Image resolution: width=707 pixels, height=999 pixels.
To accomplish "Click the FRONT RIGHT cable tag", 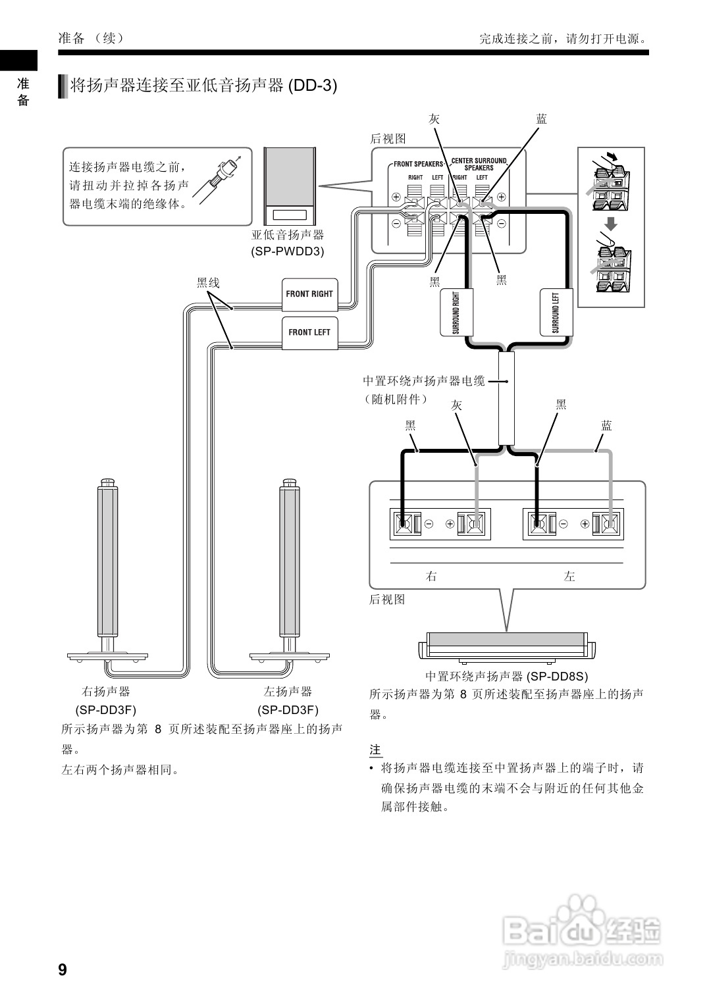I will coord(309,294).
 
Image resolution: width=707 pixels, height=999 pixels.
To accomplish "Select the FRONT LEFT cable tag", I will coord(309,332).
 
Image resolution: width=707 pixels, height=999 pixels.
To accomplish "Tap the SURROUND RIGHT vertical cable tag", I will coord(457,312).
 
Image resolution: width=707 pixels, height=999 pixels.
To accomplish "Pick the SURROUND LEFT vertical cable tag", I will coord(556,312).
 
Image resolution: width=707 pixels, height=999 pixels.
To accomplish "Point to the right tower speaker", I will coord(108,573).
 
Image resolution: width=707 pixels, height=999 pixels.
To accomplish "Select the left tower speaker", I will coord(290,573).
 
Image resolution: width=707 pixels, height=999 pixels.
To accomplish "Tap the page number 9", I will coord(63,969).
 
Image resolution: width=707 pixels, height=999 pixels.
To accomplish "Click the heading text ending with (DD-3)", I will coord(203,86).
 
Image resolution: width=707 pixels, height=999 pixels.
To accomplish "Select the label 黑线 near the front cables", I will coord(208,283).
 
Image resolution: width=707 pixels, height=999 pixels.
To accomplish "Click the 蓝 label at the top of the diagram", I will coord(541,119).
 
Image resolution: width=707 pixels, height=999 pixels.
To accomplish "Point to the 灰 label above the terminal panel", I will coord(434,119).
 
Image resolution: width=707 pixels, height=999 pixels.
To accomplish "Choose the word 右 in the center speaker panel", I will coord(432,576).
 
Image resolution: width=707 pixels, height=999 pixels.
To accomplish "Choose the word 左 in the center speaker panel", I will coord(569,576).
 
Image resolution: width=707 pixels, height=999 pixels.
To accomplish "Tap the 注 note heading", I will coord(375,750).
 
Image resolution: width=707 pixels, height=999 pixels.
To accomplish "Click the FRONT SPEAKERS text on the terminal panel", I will coord(419,164).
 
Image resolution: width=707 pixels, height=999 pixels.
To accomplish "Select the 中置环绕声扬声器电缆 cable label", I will coord(423,381).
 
